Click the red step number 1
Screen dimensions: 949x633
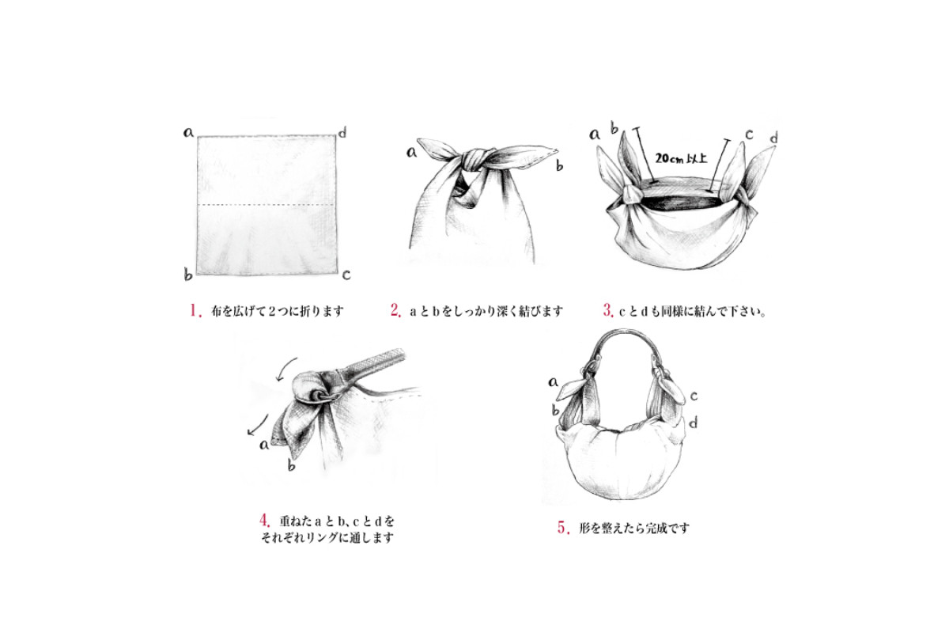click(195, 310)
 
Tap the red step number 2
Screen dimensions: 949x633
click(395, 310)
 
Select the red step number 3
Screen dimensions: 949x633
click(608, 310)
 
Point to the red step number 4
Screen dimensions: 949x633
click(264, 520)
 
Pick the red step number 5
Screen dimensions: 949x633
click(563, 528)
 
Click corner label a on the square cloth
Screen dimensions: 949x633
click(188, 132)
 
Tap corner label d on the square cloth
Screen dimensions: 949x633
click(342, 132)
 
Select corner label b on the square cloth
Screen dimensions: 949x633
click(187, 275)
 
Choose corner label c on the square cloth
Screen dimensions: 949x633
click(346, 275)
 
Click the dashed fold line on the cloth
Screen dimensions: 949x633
click(267, 205)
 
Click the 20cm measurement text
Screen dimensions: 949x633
click(681, 158)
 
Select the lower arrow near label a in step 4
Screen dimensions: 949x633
click(258, 425)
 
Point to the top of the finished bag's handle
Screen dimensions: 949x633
click(624, 331)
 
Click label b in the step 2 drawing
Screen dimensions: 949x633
click(560, 166)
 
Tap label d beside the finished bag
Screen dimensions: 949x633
click(694, 423)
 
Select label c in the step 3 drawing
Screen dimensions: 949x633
click(749, 135)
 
